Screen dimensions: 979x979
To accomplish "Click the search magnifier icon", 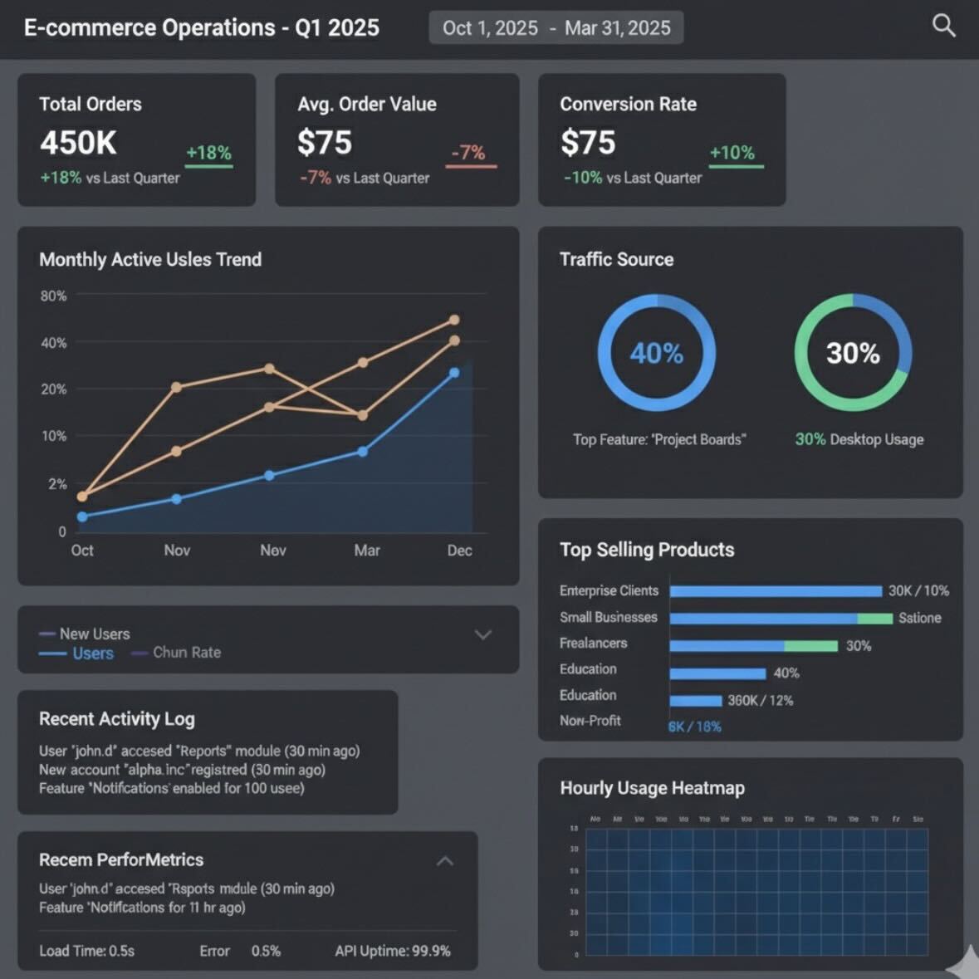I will (x=943, y=26).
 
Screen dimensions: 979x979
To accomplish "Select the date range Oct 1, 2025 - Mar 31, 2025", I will (x=556, y=28).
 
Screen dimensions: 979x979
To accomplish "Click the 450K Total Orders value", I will (x=78, y=143).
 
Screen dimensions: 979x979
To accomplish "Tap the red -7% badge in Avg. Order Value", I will (x=469, y=153).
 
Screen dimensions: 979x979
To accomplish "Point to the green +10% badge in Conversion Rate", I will (x=732, y=153).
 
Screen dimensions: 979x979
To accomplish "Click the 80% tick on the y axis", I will (x=53, y=296).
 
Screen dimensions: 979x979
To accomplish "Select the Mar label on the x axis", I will (x=366, y=551).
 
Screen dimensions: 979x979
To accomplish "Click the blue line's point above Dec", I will (x=454, y=373).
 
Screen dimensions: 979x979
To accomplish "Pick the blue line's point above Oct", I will (x=82, y=516).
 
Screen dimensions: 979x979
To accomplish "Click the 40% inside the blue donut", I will (x=656, y=354).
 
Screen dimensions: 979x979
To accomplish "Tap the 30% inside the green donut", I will (x=853, y=354).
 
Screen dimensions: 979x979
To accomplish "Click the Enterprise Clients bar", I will (x=775, y=591).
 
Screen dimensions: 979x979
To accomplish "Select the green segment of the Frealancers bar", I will (x=810, y=646).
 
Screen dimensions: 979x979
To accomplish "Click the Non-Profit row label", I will (x=590, y=721).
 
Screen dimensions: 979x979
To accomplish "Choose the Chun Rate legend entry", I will (x=186, y=653).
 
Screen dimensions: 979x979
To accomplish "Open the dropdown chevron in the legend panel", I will (x=482, y=635).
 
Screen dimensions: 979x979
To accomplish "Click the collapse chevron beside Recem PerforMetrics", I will (x=445, y=861).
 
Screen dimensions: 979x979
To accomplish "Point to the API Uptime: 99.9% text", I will (x=392, y=951).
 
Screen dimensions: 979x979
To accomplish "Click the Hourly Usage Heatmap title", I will (x=652, y=788).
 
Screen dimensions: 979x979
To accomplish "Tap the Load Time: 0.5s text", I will (x=86, y=951).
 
